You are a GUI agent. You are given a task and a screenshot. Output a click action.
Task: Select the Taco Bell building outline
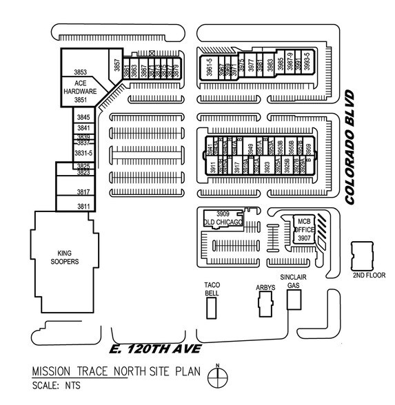(211, 309)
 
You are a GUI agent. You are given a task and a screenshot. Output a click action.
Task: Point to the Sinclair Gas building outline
(294, 299)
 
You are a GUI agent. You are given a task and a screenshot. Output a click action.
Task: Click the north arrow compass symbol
(219, 377)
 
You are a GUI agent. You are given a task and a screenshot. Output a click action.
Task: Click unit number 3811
(83, 206)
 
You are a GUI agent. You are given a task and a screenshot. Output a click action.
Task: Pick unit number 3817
(83, 191)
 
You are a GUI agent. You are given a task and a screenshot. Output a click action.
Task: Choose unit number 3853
(81, 72)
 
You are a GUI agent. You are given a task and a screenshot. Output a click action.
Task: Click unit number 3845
(83, 118)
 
